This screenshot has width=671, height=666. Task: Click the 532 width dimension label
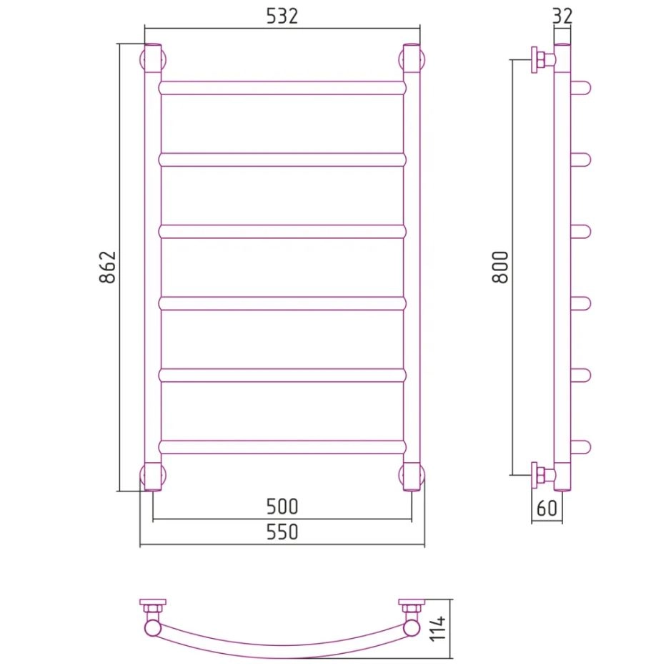[x=282, y=16]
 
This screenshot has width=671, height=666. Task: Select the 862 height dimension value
[x=107, y=268]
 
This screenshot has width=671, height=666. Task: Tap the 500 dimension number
[x=282, y=506]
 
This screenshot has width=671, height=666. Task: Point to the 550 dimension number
[x=282, y=532]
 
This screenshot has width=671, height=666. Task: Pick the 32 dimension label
[x=562, y=16]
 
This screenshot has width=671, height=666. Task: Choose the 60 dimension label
[x=547, y=509]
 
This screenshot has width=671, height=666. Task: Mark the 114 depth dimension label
[x=438, y=629]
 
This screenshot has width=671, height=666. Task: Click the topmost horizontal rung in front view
[x=282, y=88]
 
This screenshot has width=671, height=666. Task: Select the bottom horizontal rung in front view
[x=282, y=446]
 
